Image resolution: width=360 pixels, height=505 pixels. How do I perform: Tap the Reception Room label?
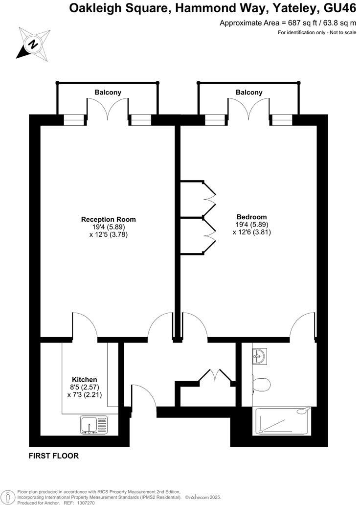(x=108, y=219)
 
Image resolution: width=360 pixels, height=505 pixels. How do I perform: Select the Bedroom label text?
(x=251, y=217)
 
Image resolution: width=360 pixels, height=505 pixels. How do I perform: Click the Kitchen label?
(x=85, y=379)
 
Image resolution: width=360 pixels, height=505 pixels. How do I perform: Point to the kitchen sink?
(x=93, y=424)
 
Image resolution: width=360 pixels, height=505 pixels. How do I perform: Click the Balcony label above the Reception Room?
(x=108, y=92)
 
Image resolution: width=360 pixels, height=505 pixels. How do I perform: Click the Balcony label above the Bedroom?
(x=249, y=92)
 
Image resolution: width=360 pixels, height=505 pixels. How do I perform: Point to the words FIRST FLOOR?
(x=54, y=456)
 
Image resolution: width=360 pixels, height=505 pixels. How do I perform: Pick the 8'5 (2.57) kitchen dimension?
(x=85, y=388)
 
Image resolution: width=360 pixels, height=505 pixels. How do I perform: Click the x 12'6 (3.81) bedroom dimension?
(x=251, y=232)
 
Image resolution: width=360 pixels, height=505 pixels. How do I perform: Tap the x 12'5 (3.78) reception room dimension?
(x=108, y=235)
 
